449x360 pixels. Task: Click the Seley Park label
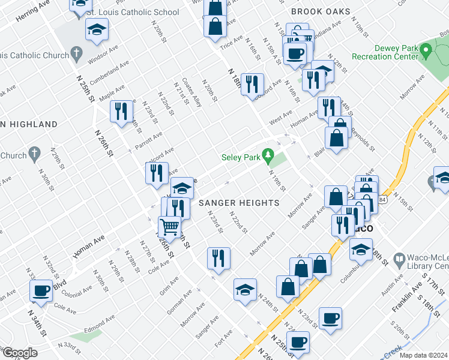(240, 158)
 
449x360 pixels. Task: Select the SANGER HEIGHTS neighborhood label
(239, 203)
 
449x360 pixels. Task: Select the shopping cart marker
(170, 227)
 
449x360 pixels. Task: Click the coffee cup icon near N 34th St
(41, 290)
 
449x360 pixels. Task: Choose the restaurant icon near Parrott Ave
(156, 173)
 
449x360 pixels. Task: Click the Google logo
(19, 353)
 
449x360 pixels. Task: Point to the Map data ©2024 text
(423, 355)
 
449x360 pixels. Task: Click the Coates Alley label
(191, 91)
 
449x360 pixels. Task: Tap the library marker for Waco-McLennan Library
(399, 259)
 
